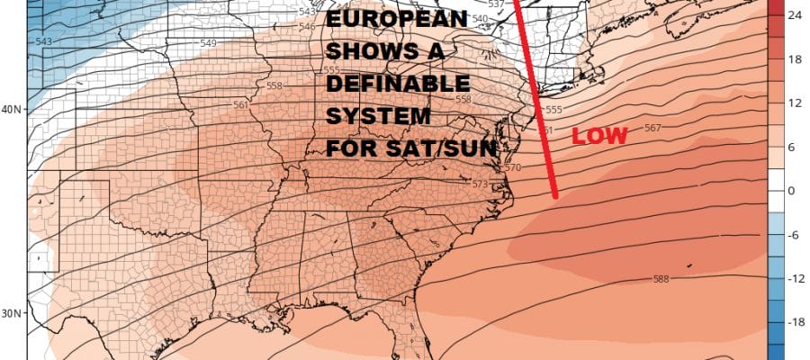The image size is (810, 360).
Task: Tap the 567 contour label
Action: point(653,128)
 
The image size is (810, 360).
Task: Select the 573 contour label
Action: point(481,184)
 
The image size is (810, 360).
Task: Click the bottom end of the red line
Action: point(556,195)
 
